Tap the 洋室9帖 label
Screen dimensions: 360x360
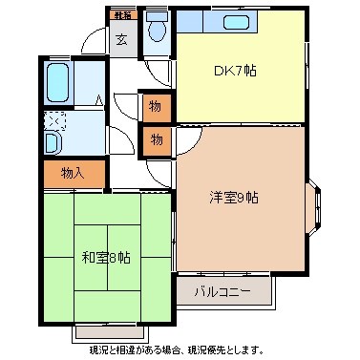pyautogui.click(x=234, y=198)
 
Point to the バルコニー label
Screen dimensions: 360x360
pyautogui.click(x=222, y=289)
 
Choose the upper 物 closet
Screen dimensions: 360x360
pyautogui.click(x=157, y=107)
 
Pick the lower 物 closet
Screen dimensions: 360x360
pyautogui.click(x=157, y=140)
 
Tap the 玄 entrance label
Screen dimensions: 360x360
pyautogui.click(x=121, y=39)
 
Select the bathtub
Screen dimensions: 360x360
pyautogui.click(x=57, y=83)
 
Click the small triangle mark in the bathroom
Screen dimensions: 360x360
pyautogui.click(x=98, y=98)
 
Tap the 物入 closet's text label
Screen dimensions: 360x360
pyautogui.click(x=74, y=174)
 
